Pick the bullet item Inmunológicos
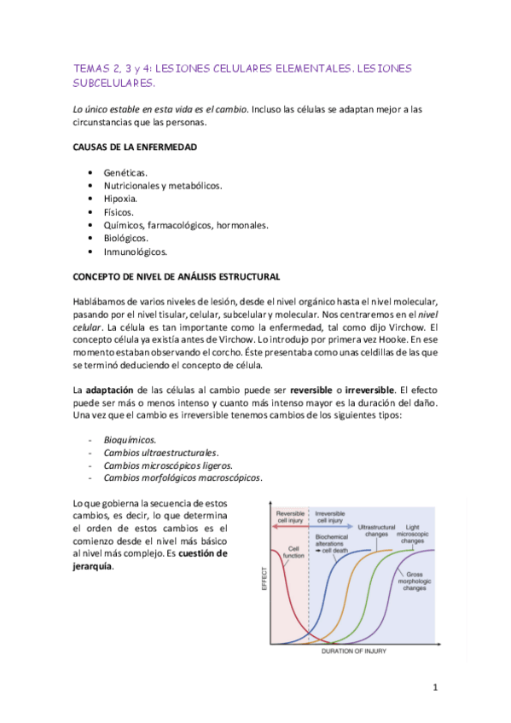(136, 252)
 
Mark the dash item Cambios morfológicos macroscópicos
(183, 477)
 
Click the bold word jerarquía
(91, 566)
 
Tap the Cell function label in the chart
(293, 552)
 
